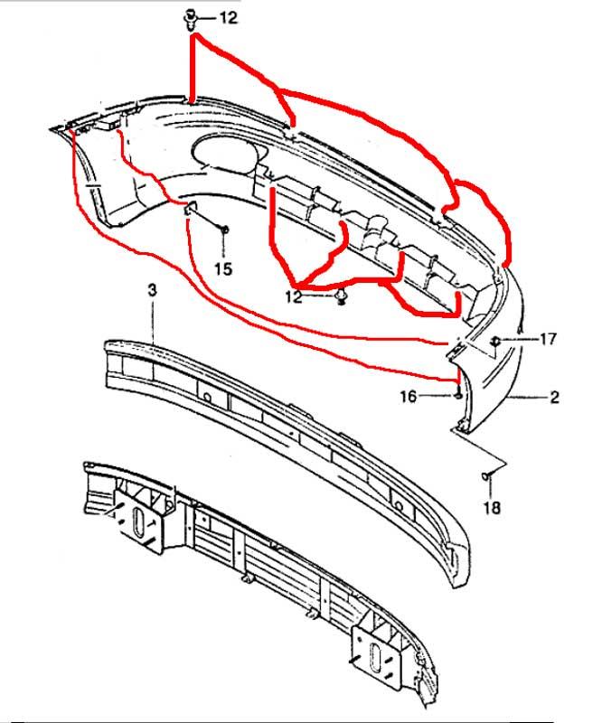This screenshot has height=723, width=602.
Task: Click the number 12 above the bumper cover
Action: [x=228, y=18]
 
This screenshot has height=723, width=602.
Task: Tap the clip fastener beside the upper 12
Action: [x=190, y=19]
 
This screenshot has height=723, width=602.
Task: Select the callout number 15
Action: [x=223, y=268]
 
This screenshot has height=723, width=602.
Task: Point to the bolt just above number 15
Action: [x=224, y=230]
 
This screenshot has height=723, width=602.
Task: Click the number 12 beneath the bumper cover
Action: [x=294, y=296]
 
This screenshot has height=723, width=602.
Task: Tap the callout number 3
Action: [x=152, y=290]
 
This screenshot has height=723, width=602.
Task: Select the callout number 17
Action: [x=548, y=340]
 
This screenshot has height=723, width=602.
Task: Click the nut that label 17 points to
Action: [x=495, y=342]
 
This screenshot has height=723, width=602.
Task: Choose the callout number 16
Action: [x=409, y=396]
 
